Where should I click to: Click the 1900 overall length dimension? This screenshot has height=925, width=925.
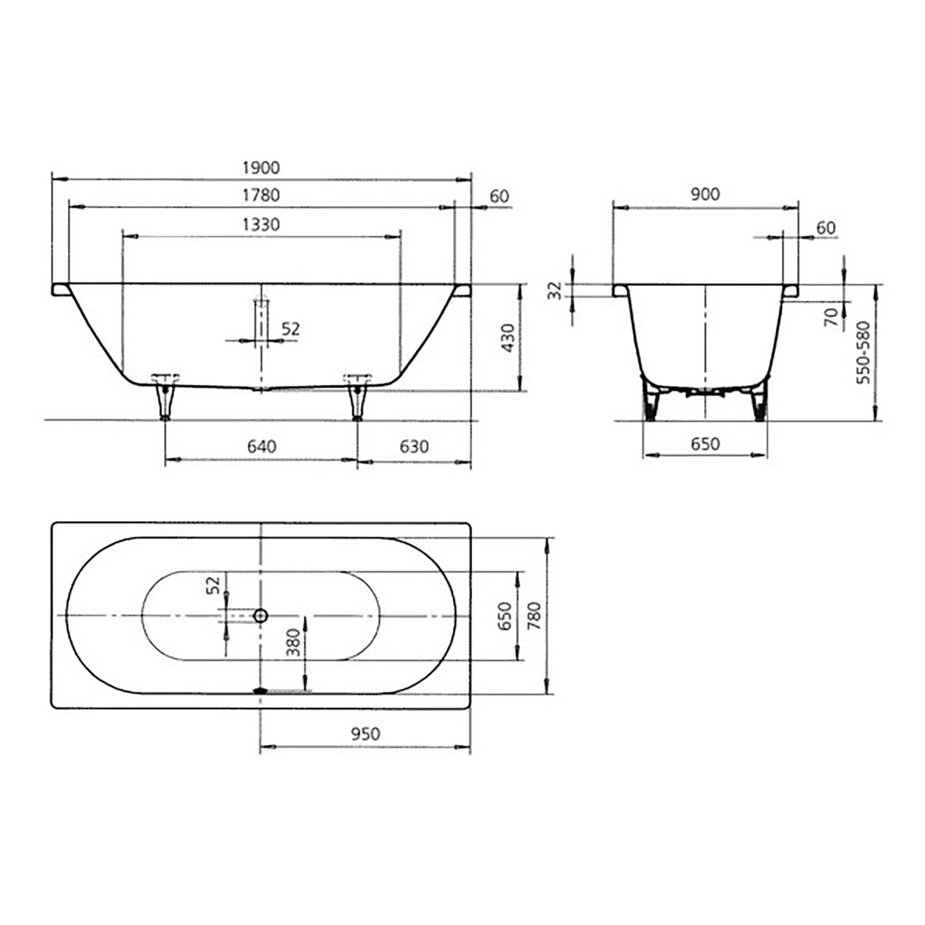click(261, 168)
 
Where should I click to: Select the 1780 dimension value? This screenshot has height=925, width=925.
click(261, 195)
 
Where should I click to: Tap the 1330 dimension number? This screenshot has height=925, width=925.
click(261, 224)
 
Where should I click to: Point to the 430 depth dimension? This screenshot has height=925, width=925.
click(508, 338)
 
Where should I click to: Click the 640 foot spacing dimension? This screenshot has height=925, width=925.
click(261, 446)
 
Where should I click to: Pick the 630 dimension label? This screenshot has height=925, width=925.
click(414, 446)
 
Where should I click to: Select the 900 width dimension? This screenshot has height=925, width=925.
click(705, 194)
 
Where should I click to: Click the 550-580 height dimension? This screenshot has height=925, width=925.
click(863, 352)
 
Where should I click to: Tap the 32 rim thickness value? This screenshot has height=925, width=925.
click(556, 290)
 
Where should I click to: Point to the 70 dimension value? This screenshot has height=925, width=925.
click(832, 317)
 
